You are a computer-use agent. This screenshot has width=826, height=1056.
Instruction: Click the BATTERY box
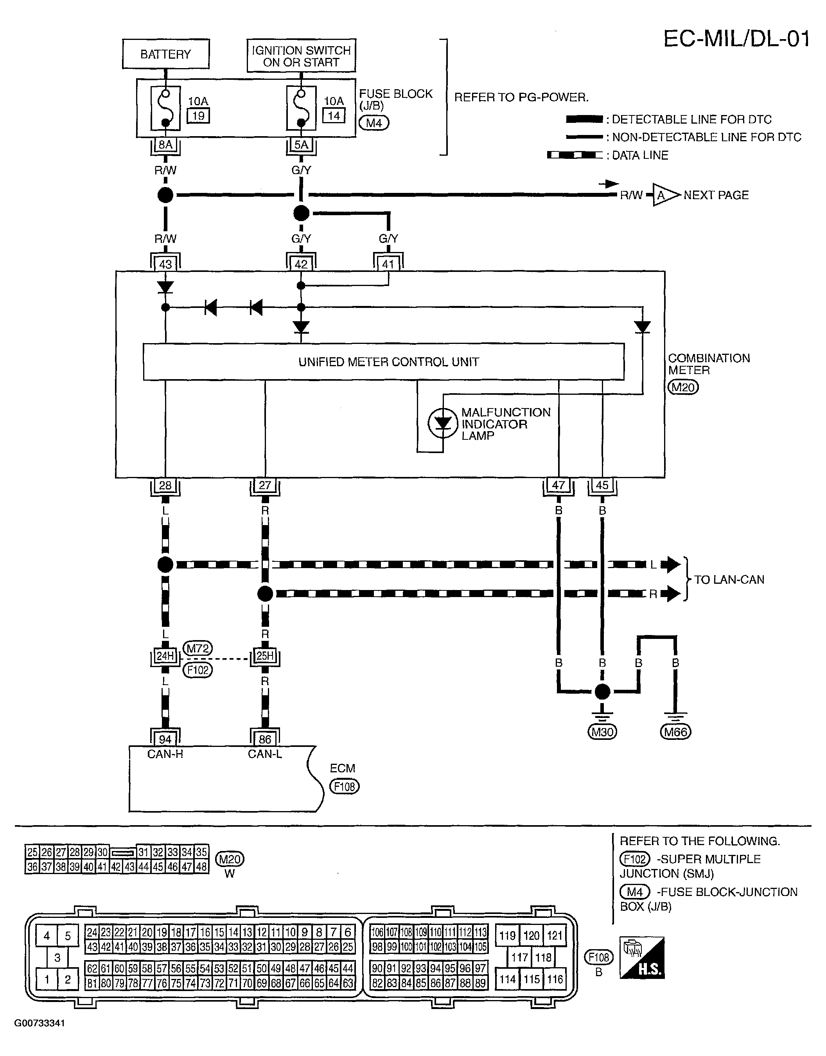click(166, 54)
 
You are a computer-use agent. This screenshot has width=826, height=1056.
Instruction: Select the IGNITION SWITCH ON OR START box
click(301, 56)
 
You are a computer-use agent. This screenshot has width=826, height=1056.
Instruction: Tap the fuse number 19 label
click(198, 115)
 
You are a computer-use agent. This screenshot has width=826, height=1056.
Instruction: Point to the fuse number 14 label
click(334, 115)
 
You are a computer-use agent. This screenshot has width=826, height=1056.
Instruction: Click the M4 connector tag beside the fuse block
click(374, 123)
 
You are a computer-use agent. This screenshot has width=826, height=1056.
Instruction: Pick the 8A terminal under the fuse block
click(165, 145)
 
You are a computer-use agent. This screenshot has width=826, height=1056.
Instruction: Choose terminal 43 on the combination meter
click(165, 264)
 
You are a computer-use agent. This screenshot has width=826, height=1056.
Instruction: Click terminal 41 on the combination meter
click(388, 264)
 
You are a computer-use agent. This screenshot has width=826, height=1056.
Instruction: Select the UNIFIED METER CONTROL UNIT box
click(384, 362)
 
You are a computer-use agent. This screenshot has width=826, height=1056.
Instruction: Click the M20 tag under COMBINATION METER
click(683, 387)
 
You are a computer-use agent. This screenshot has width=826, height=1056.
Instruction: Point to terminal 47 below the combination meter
click(558, 485)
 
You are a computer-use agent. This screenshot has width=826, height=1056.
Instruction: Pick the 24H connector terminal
click(165, 656)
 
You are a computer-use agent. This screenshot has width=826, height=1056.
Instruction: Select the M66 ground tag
click(675, 732)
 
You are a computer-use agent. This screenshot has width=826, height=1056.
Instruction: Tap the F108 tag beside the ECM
click(344, 786)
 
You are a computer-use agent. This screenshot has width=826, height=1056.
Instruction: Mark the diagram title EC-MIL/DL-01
click(736, 39)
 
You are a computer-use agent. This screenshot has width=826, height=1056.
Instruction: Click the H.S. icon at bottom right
click(642, 964)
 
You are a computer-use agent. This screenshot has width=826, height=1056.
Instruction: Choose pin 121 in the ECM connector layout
click(554, 935)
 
